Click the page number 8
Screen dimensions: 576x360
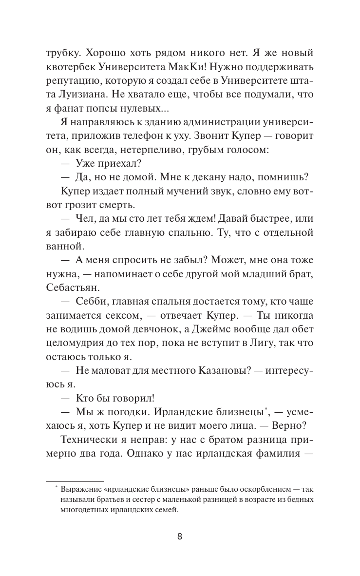tap(180, 537)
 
